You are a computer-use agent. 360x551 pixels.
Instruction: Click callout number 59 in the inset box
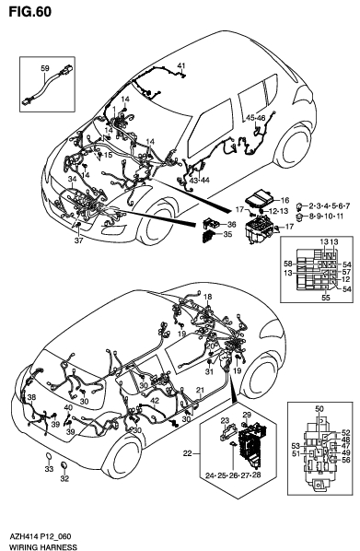(x=43, y=67)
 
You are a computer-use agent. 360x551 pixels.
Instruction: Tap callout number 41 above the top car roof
(x=181, y=64)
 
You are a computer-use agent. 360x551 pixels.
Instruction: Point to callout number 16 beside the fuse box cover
(x=284, y=200)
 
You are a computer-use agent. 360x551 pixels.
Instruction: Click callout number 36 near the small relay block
(x=231, y=224)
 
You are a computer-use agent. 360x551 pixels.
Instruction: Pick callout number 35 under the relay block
(x=229, y=235)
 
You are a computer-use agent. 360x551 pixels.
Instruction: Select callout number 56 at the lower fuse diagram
(x=345, y=460)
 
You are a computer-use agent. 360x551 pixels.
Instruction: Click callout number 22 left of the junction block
(x=189, y=453)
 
